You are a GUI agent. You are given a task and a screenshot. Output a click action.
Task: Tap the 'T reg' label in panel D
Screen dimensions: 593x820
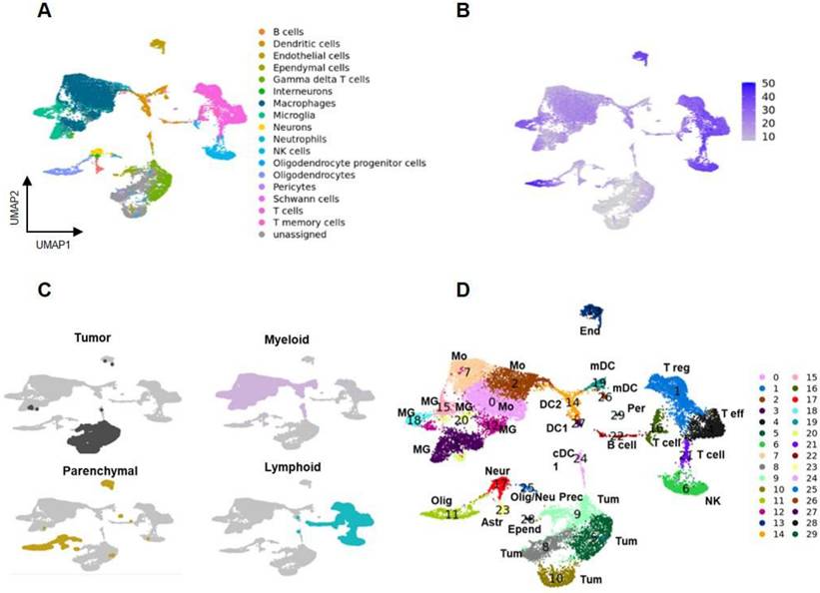pos(679,368)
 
